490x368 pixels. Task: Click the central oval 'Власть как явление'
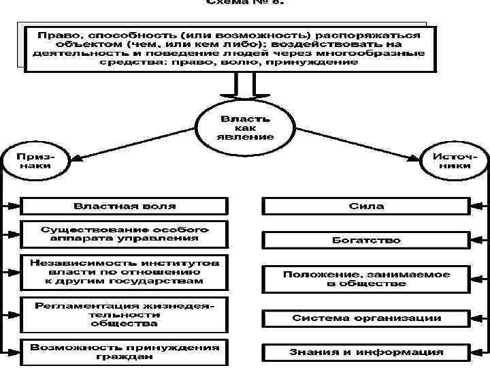(245, 127)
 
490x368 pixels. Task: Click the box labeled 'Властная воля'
(124, 206)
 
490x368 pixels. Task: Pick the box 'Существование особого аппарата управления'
(124, 234)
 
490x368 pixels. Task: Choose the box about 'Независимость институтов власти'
(124, 271)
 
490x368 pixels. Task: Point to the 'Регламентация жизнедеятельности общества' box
(124, 314)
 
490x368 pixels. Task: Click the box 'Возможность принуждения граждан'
(124, 352)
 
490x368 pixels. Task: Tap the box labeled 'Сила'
(366, 206)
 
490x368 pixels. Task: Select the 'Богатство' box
(366, 240)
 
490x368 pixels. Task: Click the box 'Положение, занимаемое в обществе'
(366, 279)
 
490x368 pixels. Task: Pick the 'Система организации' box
(366, 318)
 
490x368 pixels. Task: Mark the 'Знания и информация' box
(366, 352)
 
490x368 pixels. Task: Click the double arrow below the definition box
(243, 89)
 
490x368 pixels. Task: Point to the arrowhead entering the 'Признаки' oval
(76, 159)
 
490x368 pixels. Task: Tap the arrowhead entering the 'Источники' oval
(414, 159)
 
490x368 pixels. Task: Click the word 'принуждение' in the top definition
(323, 62)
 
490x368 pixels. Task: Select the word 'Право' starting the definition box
(52, 33)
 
